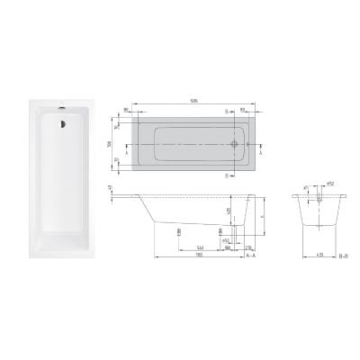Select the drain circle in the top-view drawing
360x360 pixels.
click(237, 142)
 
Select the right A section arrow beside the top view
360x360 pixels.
click(259, 143)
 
